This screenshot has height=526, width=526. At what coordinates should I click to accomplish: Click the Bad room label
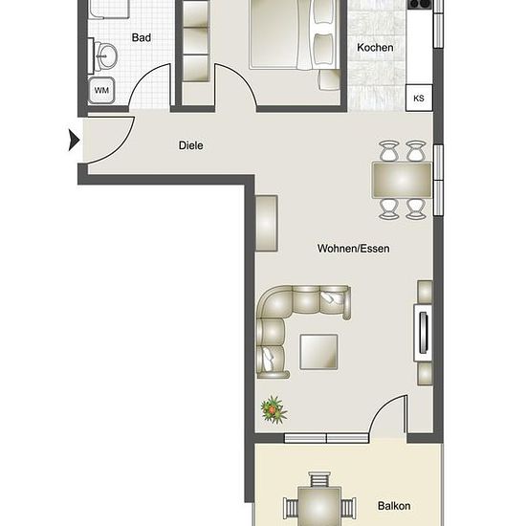[142, 37]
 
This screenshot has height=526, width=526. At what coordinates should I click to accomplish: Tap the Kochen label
[375, 48]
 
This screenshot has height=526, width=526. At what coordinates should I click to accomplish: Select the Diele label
[190, 145]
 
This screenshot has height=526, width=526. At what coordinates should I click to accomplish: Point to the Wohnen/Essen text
[353, 249]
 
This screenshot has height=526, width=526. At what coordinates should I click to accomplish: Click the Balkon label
[394, 506]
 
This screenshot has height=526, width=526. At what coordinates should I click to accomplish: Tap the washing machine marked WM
[101, 90]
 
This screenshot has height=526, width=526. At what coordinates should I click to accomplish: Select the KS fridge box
[419, 98]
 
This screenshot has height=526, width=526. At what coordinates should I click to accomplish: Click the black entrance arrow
[74, 140]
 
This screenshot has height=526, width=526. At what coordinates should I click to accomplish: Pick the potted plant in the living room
[274, 409]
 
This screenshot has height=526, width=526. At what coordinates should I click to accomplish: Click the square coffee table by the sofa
[318, 352]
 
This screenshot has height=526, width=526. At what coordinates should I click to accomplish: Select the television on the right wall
[424, 333]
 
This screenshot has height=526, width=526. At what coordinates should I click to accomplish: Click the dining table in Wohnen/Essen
[402, 180]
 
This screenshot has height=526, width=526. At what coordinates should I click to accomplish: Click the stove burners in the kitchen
[420, 4]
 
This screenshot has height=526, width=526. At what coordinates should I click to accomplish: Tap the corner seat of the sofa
[274, 302]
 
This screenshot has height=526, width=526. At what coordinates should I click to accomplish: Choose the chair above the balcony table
[319, 479]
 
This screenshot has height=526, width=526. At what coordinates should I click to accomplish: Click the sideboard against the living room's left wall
[267, 224]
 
